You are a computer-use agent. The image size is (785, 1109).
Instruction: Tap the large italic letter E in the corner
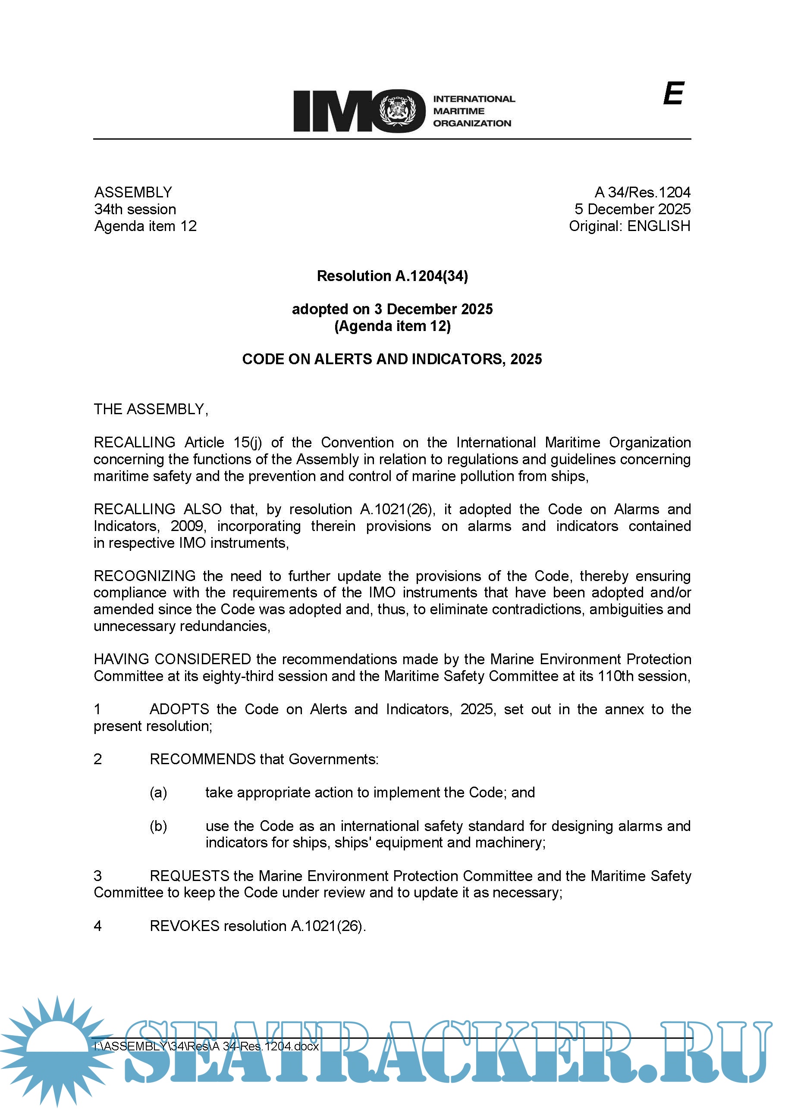673,93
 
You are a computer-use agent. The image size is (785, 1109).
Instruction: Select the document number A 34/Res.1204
642,192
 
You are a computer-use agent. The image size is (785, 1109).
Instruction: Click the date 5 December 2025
632,209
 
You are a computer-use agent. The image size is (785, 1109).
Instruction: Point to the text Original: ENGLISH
629,226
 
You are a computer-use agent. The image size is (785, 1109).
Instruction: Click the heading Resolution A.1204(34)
392,276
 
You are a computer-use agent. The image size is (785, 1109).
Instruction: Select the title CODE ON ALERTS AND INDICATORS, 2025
392,359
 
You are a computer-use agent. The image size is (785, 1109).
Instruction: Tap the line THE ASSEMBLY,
151,409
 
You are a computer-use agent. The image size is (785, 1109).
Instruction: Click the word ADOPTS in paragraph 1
179,709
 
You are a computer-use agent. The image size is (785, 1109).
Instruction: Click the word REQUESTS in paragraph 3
189,876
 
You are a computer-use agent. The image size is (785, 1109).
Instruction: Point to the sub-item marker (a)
158,793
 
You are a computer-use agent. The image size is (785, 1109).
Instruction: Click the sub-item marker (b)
158,826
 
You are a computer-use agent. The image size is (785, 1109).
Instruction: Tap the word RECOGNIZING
144,576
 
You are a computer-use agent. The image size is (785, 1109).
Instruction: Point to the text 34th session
135,209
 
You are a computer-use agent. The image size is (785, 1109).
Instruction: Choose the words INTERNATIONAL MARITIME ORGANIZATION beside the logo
474,111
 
